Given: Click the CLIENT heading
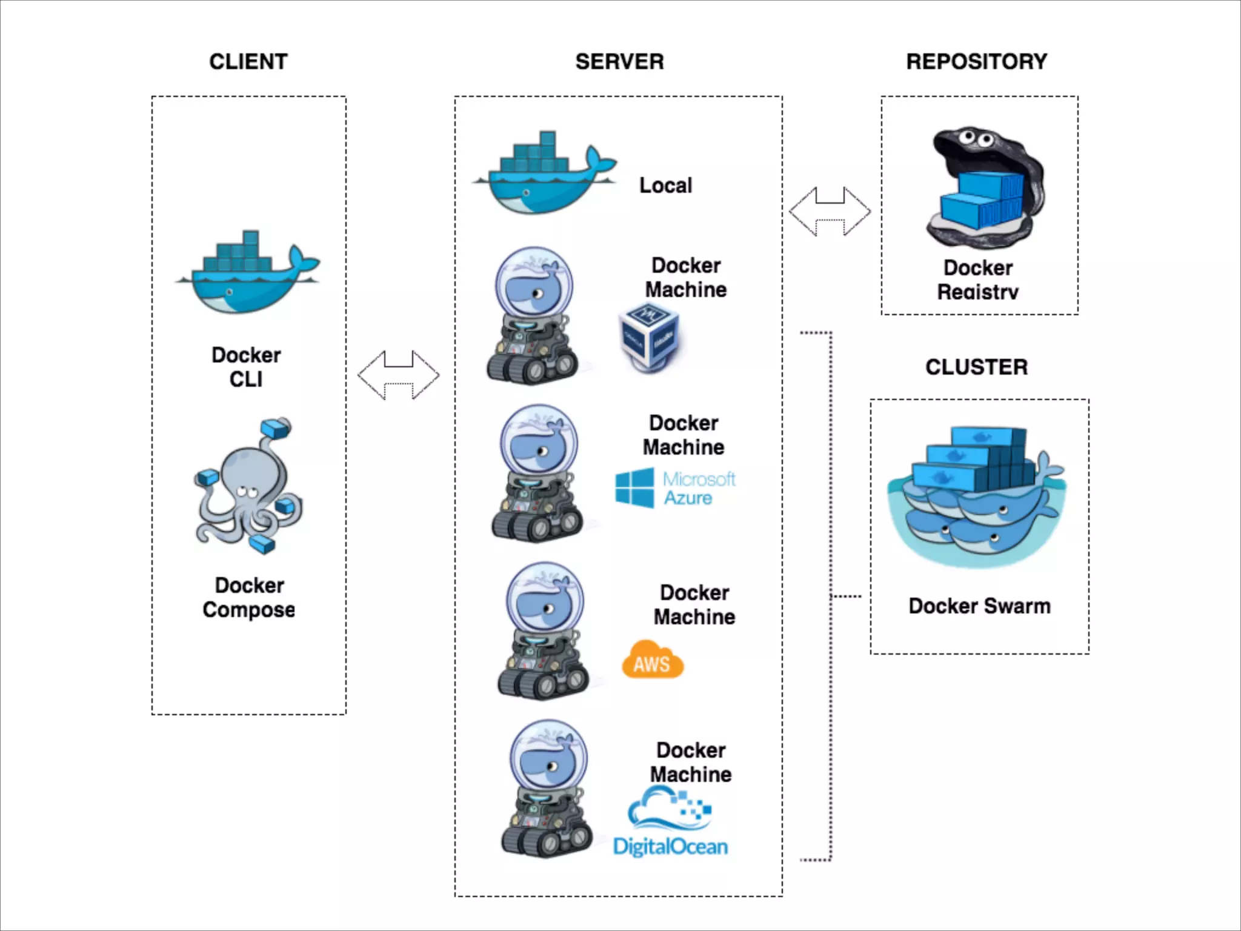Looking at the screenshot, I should (248, 62).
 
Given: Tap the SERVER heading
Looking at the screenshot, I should (619, 62).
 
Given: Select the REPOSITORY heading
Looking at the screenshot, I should (976, 62).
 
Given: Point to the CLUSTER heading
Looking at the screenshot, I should (976, 367).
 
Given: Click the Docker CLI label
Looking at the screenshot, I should (246, 367).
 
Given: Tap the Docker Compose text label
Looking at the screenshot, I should (249, 598).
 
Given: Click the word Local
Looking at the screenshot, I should (665, 185).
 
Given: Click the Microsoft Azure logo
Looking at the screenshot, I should (675, 488).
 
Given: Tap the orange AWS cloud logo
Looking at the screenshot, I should (653, 661).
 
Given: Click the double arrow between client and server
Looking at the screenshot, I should (398, 375).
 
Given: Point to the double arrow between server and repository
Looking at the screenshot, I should (830, 212).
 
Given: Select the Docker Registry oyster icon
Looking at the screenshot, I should (984, 188).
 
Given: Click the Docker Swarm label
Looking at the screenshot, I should (979, 606).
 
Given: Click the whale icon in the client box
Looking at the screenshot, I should (247, 273).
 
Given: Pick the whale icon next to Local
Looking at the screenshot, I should (545, 173).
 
